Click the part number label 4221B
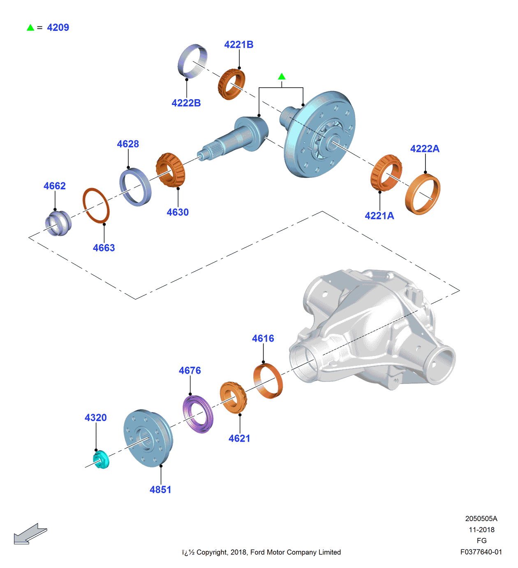(x=238, y=44)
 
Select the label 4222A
(x=425, y=149)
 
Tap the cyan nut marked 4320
(x=101, y=459)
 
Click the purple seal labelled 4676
(x=198, y=414)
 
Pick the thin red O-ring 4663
(x=96, y=206)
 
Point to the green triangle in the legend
(x=30, y=28)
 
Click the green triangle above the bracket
(x=282, y=77)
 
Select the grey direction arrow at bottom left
(x=30, y=534)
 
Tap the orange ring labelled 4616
(x=268, y=381)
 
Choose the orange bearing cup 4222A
(x=423, y=194)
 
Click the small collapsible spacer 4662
(x=58, y=223)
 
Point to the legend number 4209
(x=58, y=28)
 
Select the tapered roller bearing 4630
(x=170, y=170)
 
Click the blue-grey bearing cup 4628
(x=135, y=187)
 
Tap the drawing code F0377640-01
(x=481, y=552)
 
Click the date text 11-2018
(x=481, y=530)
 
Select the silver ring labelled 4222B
(x=192, y=61)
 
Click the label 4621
(x=239, y=438)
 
